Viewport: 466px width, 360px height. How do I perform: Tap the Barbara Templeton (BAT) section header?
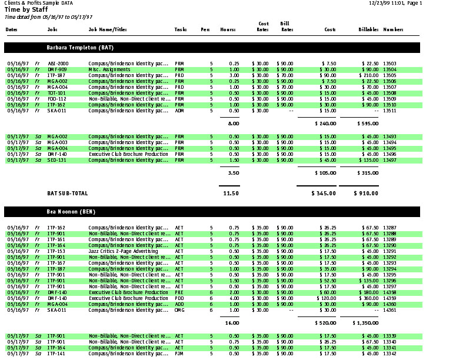tap(80, 46)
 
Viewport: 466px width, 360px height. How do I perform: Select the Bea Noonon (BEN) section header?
tap(71, 211)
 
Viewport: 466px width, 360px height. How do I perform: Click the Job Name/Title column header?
tap(108, 29)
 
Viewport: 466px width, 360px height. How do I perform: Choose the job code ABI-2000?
tap(58, 63)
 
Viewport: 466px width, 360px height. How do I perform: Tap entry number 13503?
tap(390, 63)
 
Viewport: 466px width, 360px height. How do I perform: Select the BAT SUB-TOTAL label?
tap(67, 193)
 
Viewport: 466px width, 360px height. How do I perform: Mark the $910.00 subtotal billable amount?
tap(366, 193)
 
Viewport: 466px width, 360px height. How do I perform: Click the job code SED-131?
tap(57, 160)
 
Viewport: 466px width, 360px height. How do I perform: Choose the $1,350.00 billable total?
tap(365, 323)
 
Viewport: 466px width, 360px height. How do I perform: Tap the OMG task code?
tap(179, 310)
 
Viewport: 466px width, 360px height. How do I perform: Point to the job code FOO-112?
tap(57, 99)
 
